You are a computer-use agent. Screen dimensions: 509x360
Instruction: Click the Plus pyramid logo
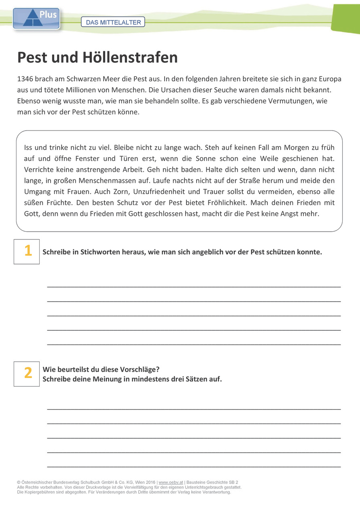point(36,19)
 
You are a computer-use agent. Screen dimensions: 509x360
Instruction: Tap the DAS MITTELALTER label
point(113,22)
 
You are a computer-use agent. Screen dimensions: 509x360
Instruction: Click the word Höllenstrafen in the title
point(130,58)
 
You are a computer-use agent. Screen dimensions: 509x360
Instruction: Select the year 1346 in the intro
point(25,78)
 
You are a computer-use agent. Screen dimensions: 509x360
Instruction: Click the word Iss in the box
point(29,148)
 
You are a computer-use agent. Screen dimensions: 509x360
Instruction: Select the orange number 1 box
point(27,251)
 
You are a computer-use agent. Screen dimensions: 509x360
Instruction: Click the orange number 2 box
point(27,374)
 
